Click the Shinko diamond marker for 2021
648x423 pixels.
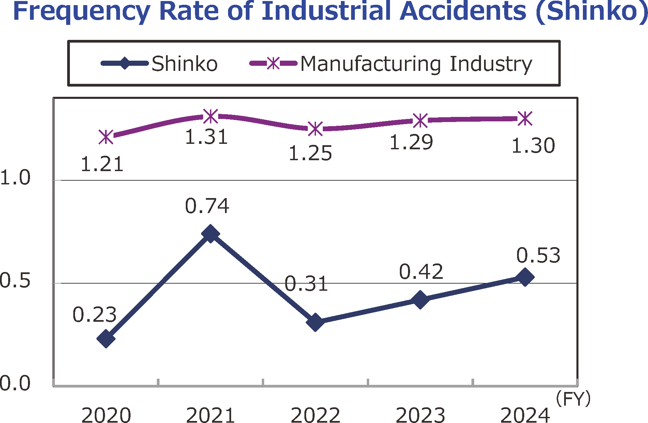point(210,234)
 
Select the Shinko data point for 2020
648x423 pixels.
point(106,338)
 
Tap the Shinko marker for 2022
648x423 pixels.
point(315,322)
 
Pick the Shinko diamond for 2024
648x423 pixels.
point(525,277)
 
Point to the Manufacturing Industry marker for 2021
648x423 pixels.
point(211,116)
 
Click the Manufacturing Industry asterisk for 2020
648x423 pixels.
point(106,137)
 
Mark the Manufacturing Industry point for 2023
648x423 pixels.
point(420,120)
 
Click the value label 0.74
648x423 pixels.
point(207,206)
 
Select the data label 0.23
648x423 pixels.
point(94,315)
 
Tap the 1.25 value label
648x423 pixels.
point(310,153)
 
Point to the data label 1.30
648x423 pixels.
point(533,146)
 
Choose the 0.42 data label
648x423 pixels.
point(421,272)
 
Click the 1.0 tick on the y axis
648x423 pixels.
point(15,178)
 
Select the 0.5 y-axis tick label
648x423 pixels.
point(15,281)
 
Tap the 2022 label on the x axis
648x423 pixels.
point(315,415)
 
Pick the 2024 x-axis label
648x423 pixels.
point(525,415)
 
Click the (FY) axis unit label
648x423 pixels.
point(573,399)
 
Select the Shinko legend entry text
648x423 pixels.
point(184,64)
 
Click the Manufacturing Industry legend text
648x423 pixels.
point(416,64)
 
